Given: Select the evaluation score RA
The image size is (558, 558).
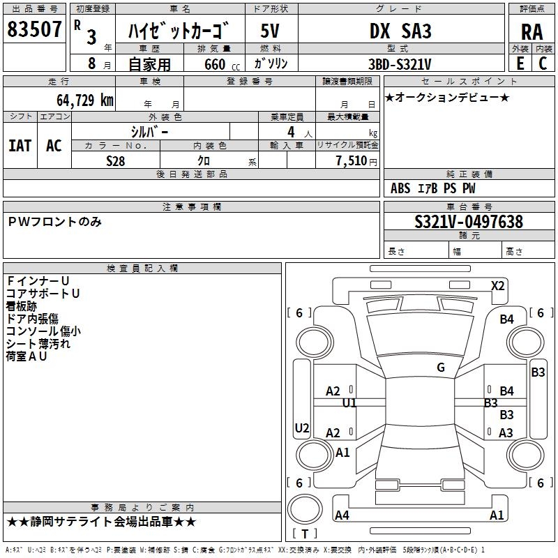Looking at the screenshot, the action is pos(531,31).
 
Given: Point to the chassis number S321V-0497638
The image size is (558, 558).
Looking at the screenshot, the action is pos(469,222).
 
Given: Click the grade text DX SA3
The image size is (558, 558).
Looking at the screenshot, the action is pos(400,31).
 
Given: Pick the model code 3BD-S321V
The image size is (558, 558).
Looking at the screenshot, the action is pos(400,64).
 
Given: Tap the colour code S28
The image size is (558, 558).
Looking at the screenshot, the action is pos(116,160).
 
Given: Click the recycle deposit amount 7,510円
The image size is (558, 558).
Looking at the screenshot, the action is pos(356,160).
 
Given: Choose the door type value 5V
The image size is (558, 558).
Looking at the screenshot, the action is pos(271,31).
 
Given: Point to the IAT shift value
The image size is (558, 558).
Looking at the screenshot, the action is pos(20,145).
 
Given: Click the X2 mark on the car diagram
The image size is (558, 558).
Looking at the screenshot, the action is pos(498,285).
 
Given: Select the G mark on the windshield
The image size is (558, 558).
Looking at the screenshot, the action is pos(441,368).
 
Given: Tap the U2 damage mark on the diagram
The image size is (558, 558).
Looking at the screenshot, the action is pos(302,428).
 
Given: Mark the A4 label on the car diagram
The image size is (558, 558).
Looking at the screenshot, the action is pos(342,515).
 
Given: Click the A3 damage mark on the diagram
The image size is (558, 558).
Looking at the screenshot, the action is pos(506,433).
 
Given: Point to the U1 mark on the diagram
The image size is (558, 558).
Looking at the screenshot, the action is pos(349,403).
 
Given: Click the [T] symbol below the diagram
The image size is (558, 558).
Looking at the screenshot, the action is pos(305,534).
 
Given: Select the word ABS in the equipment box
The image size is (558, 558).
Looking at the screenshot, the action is pos(400,188).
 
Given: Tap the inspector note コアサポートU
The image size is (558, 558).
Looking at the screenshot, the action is pos(43,294).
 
